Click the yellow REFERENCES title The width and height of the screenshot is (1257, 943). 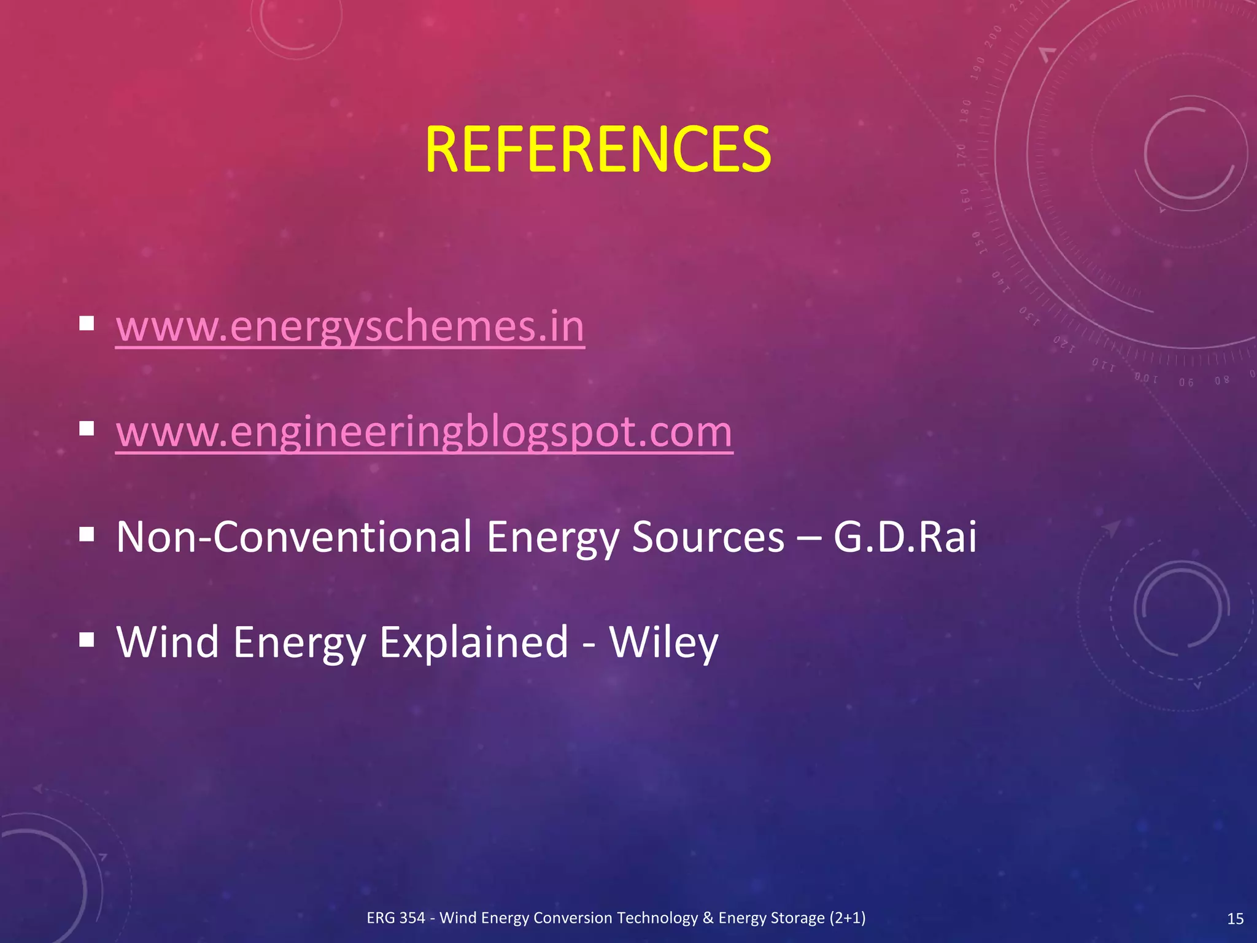[x=597, y=149]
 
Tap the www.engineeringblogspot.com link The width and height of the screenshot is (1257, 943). [x=424, y=432]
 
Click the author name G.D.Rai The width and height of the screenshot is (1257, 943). [x=904, y=537]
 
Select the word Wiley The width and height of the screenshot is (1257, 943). [x=663, y=642]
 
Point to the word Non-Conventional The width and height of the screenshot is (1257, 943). [x=294, y=537]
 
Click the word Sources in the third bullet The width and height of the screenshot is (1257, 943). [x=708, y=537]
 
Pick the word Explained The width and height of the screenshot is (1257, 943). [x=474, y=642]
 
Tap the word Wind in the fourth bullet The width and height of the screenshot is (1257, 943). [x=168, y=642]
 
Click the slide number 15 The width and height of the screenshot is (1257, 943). [x=1235, y=918]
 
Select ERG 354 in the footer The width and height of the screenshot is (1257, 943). [x=396, y=918]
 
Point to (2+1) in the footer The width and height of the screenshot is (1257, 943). [x=848, y=918]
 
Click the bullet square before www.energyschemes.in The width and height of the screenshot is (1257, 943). [x=87, y=323]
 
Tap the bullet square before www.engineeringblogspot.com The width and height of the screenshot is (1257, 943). [x=87, y=429]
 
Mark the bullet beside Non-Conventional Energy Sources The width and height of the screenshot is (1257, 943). [x=87, y=534]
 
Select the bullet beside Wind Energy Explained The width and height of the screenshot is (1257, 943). [x=87, y=640]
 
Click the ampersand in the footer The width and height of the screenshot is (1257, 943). [x=708, y=918]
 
